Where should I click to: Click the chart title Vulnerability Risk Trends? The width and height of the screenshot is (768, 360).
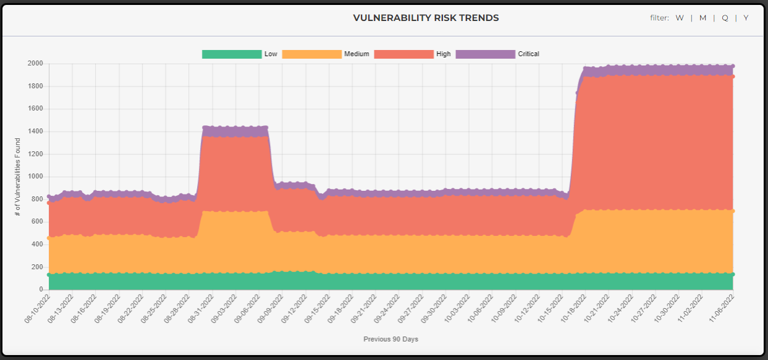tap(426, 18)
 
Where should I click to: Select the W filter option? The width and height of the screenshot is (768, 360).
tap(680, 18)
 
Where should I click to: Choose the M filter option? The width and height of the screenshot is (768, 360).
tap(703, 18)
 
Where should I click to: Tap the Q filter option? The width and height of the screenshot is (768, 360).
tap(725, 18)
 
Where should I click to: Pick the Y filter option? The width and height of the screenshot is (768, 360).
tap(746, 18)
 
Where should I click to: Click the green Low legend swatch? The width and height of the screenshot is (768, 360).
tap(232, 54)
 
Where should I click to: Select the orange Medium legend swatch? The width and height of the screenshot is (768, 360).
tap(311, 54)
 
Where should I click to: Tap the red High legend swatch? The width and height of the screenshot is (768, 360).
tap(403, 54)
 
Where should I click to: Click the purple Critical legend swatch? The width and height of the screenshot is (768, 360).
tap(485, 54)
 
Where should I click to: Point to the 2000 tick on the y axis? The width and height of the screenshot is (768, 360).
tap(35, 64)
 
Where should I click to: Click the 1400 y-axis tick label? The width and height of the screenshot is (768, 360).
tap(35, 132)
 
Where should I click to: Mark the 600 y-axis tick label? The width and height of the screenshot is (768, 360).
tap(37, 222)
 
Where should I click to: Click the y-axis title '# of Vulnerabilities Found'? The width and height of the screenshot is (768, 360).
tap(18, 177)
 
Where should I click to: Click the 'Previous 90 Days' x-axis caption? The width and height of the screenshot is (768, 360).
tap(390, 339)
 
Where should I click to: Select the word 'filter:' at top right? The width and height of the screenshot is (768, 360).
tap(659, 18)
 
